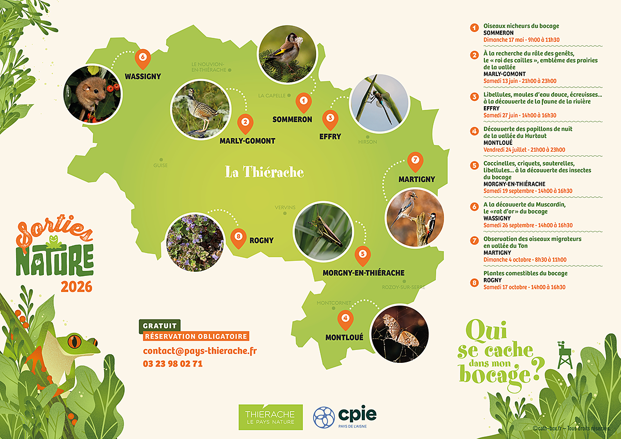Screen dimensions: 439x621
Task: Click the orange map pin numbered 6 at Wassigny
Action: (x=143, y=58)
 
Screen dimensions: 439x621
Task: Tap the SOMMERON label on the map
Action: (x=292, y=120)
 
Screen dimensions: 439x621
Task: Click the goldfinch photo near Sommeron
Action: (x=286, y=54)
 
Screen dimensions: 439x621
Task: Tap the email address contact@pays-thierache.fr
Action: (x=200, y=351)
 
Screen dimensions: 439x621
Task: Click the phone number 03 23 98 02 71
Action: (x=173, y=364)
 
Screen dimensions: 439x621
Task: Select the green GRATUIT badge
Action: (x=160, y=326)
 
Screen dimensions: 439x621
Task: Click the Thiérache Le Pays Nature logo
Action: (x=270, y=417)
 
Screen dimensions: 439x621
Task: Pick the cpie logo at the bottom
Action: (x=345, y=416)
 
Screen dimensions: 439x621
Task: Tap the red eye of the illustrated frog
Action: (x=76, y=342)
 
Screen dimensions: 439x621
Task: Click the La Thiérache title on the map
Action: (x=264, y=172)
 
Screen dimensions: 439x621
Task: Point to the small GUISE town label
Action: (x=160, y=166)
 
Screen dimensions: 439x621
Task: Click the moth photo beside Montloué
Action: (x=400, y=334)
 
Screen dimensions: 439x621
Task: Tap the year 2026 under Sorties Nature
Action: (x=76, y=286)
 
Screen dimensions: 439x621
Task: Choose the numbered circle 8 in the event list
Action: (x=474, y=283)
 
